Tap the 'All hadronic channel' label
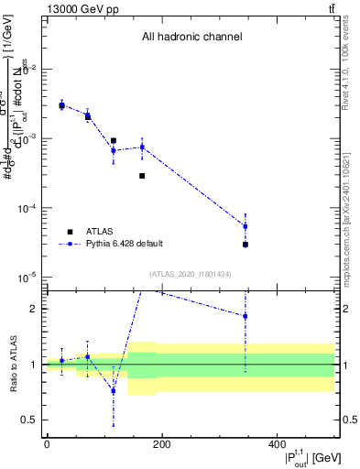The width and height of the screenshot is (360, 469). pos(191,38)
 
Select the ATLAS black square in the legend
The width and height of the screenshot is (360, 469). pos(69,231)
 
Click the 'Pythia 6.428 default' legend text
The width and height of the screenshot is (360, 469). pos(124,244)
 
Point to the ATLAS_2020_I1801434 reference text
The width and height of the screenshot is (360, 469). pos(191,274)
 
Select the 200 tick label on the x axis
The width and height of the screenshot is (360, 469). pos(162,444)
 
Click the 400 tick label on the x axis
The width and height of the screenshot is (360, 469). pos(278,444)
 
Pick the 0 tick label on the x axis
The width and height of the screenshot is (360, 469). pos(47,444)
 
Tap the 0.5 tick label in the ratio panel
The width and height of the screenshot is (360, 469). pos(32,420)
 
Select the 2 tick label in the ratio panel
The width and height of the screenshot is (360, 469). pos(36,309)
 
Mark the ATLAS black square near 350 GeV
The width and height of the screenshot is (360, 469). pos(245,245)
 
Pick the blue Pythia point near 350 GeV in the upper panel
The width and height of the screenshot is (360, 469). pos(245,226)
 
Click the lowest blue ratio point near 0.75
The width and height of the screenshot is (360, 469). pos(113,390)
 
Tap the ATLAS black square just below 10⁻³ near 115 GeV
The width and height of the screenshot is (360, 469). pos(113,141)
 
